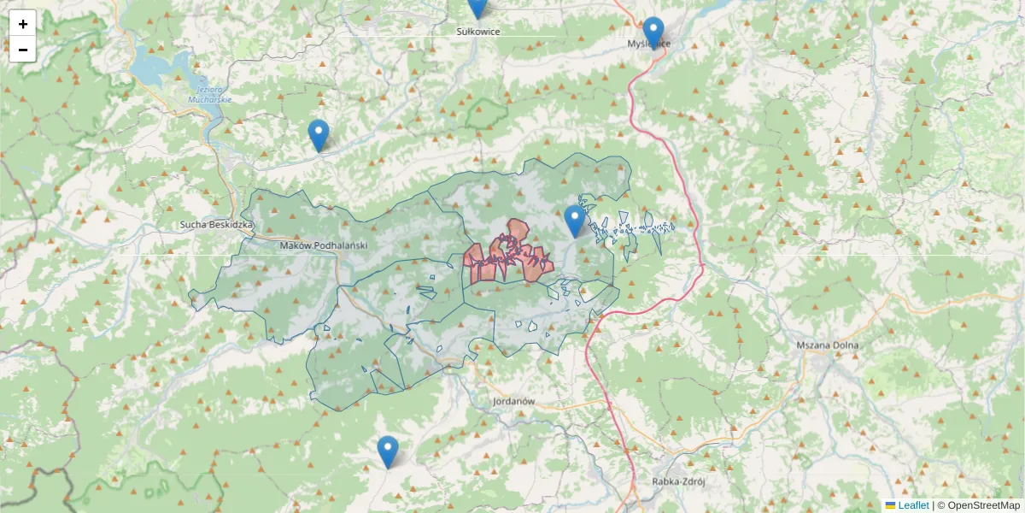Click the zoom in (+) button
coord(23,23)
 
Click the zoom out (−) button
coord(23,50)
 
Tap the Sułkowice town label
coord(477,32)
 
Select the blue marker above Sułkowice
coord(477,7)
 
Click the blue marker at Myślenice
coord(653,32)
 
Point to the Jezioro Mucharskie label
coord(208,94)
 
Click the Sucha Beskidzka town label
coord(217,225)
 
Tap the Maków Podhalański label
coord(323,245)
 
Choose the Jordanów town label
coord(513,400)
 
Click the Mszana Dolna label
coord(827,345)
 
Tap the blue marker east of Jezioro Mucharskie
coord(319,135)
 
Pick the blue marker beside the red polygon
coord(575,221)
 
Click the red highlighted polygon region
coord(512,256)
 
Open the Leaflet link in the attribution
coord(913,505)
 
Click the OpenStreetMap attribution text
coord(983,505)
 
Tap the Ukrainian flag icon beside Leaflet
coord(891,505)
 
